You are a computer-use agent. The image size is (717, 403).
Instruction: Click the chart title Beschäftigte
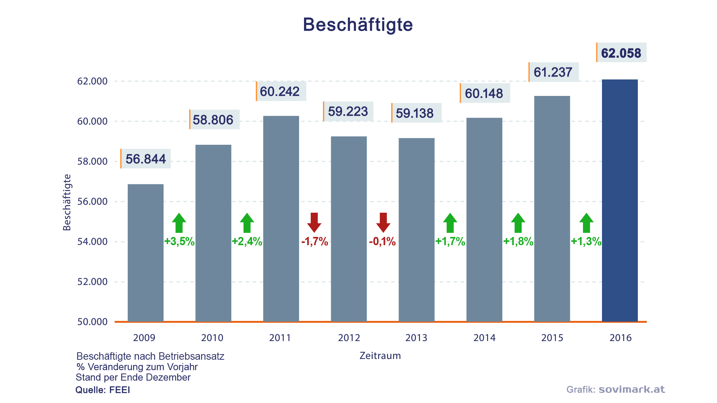point(358,25)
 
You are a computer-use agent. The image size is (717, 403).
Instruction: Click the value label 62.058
point(621,53)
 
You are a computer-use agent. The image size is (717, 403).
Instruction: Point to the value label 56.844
point(146,159)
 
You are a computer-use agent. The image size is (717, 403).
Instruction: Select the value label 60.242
point(280,91)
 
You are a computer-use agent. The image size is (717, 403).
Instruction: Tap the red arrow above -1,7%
point(314,222)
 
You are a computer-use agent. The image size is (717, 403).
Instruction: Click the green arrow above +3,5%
point(179,223)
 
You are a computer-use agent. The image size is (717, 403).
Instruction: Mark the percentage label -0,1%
point(382,242)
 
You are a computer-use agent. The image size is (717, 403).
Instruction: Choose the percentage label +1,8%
point(518,242)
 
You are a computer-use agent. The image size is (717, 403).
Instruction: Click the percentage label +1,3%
point(586,242)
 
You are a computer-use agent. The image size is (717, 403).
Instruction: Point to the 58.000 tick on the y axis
point(92,162)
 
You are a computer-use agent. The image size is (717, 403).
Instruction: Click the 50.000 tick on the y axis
point(92,322)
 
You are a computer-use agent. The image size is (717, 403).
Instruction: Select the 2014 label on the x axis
point(484,338)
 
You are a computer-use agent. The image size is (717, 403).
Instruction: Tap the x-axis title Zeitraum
point(380,356)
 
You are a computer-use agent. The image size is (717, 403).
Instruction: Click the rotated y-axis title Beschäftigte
point(67,203)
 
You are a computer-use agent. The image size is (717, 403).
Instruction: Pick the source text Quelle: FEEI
point(103,390)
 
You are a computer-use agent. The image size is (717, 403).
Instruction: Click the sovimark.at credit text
point(631,390)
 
